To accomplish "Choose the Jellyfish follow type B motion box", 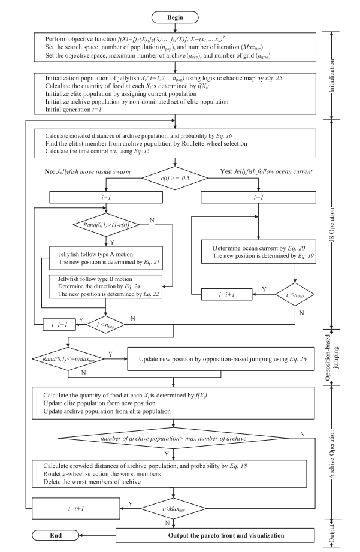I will tap(105, 286).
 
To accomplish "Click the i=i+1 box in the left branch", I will tap(63, 324).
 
